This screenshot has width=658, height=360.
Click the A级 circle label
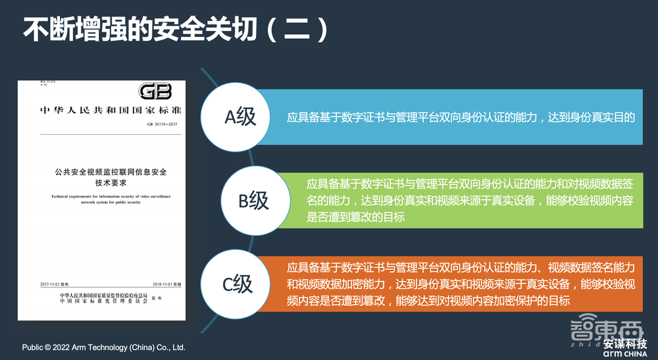[240, 117]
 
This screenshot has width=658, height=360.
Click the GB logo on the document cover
[155, 91]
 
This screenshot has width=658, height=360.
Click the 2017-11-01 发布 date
[55, 284]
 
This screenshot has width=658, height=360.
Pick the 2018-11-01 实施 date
[165, 284]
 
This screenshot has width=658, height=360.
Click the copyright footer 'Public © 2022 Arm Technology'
[104, 347]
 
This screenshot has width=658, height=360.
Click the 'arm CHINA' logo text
[624, 354]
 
